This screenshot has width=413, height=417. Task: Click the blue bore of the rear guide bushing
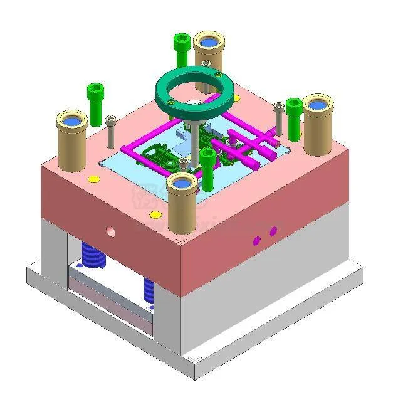[209, 43]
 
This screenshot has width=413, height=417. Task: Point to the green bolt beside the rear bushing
[180, 49]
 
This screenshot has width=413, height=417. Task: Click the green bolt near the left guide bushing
[95, 103]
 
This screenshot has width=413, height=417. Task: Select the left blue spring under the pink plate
[92, 256]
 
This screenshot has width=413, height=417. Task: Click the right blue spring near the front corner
[149, 291]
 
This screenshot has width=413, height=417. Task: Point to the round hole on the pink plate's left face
[111, 231]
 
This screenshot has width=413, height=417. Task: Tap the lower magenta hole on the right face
[256, 240]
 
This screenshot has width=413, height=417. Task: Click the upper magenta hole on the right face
[273, 232]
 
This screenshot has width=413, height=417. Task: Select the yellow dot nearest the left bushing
[94, 179]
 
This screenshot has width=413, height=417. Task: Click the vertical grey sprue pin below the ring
[196, 144]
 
